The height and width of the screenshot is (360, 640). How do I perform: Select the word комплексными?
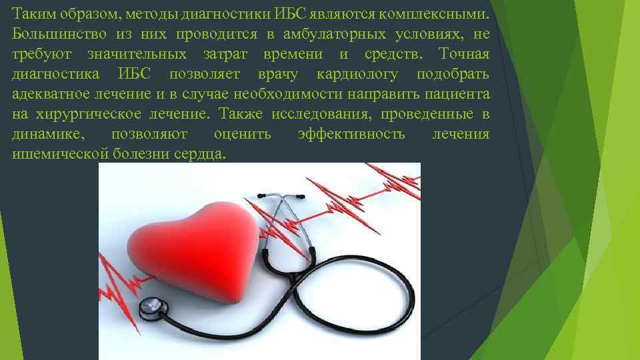[x=443, y=14]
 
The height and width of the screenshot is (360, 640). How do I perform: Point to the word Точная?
[x=466, y=54]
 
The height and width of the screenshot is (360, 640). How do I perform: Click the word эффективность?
[x=351, y=134]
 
